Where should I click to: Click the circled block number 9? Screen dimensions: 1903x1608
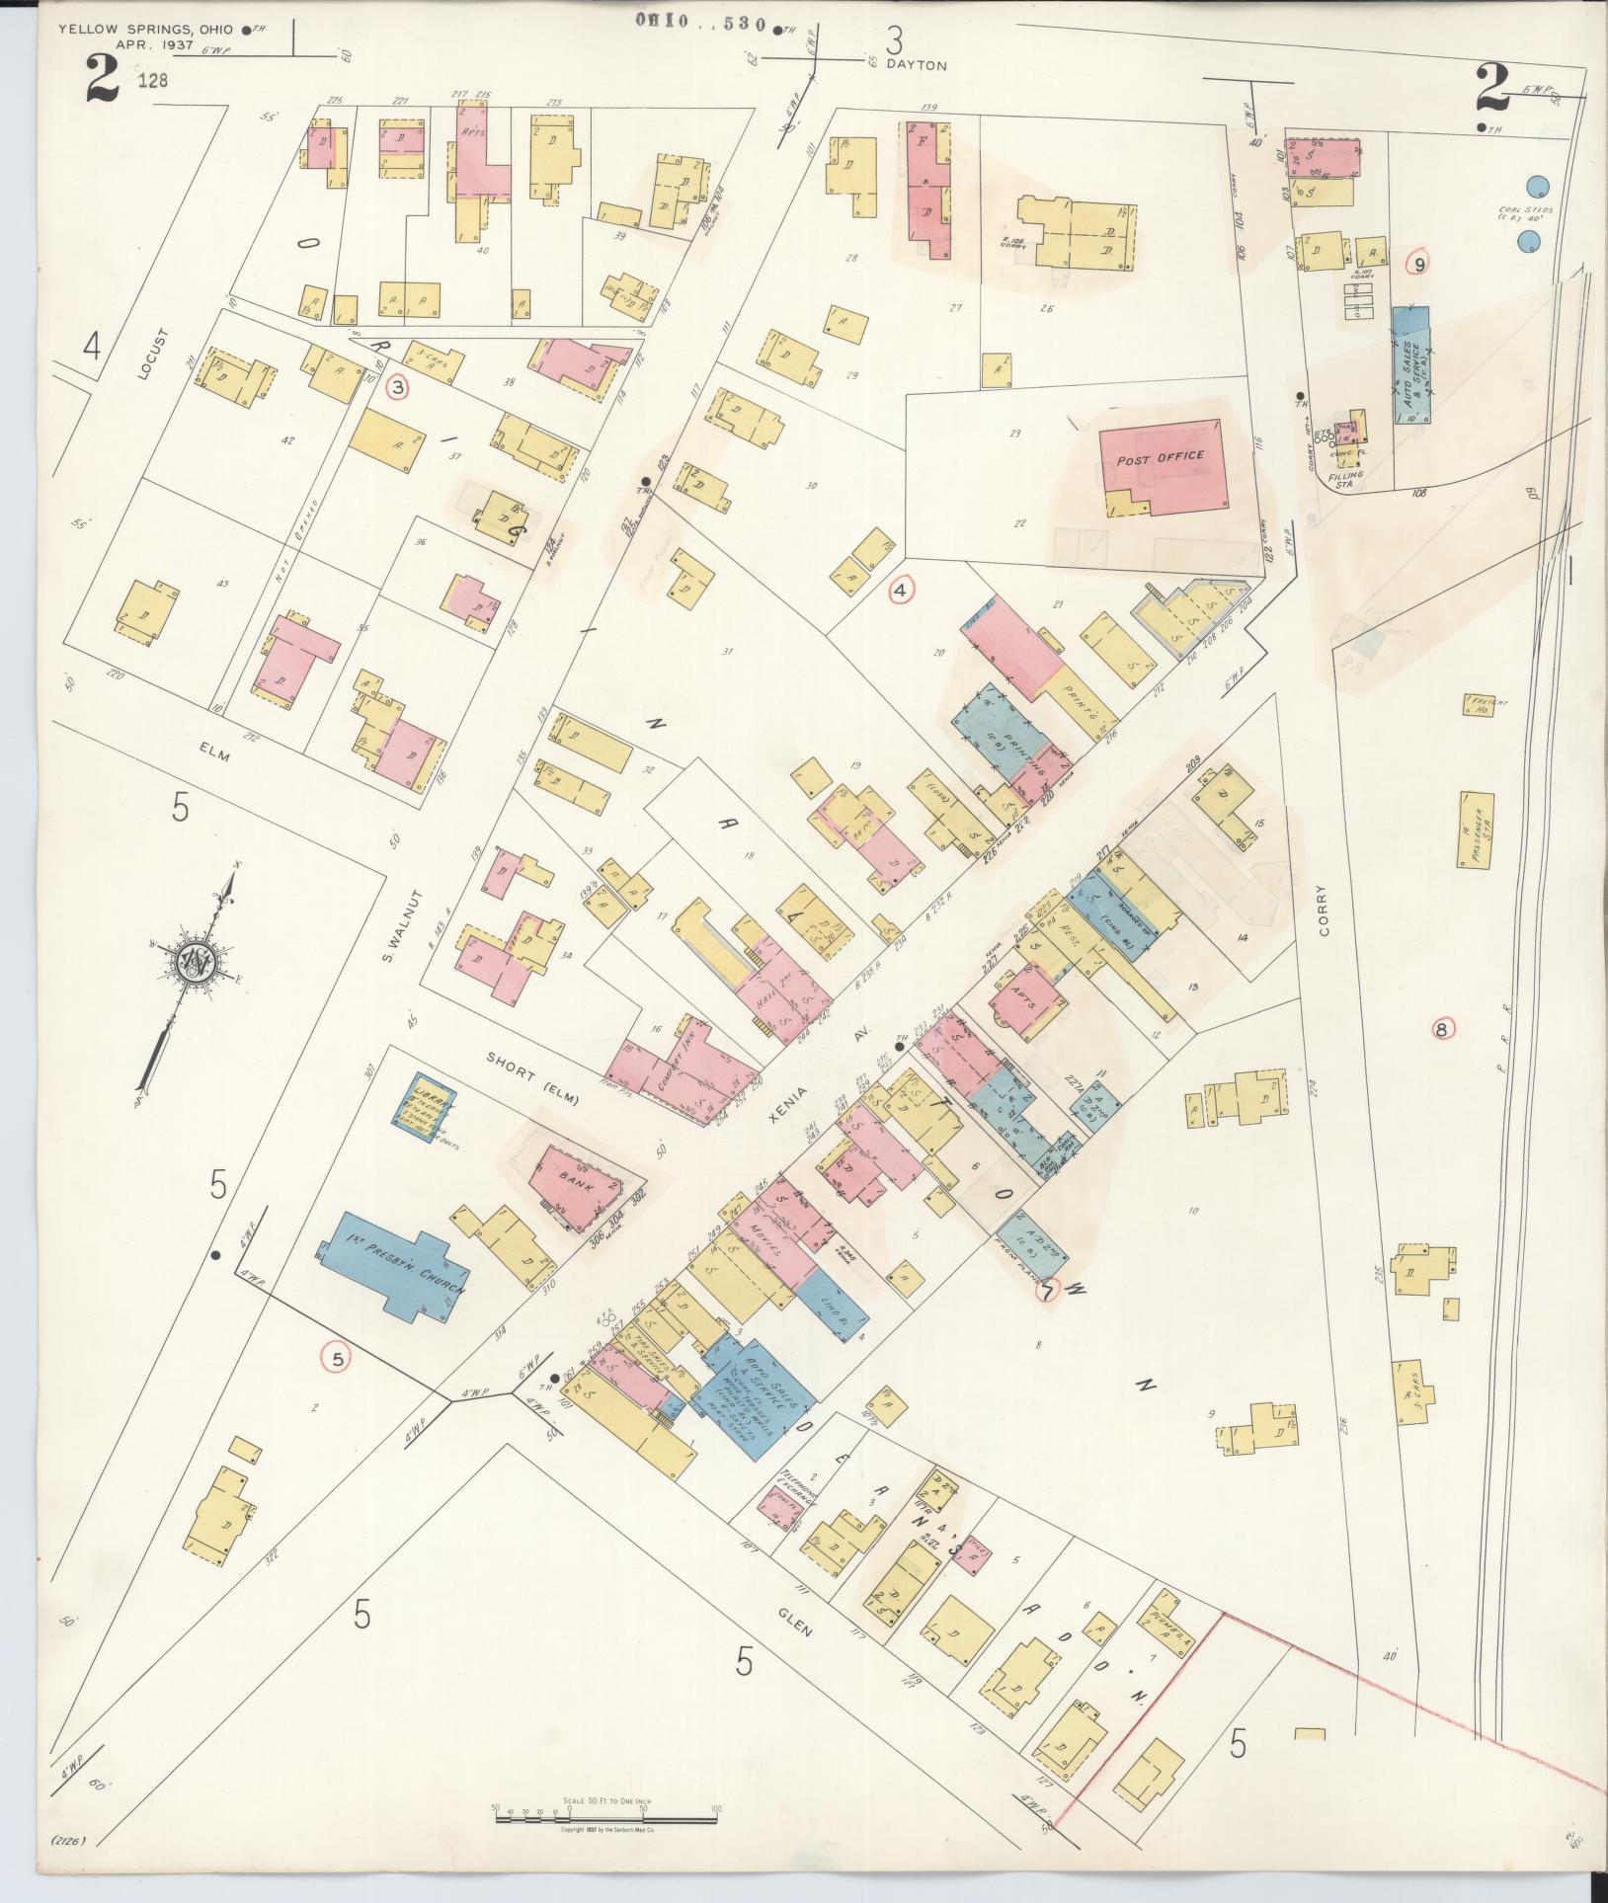click(x=1419, y=264)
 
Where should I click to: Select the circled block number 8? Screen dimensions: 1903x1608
click(x=1445, y=1030)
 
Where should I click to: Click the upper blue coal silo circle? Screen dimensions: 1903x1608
click(x=1535, y=186)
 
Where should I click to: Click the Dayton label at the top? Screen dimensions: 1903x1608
click(x=917, y=65)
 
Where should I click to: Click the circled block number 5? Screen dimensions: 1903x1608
click(x=337, y=1360)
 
